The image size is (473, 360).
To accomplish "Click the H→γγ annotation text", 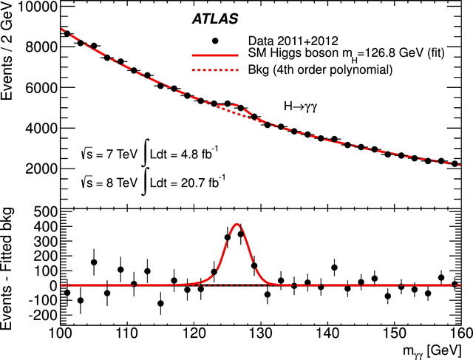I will click(x=304, y=107).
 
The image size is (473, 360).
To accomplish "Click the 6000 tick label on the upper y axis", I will click(x=34, y=87).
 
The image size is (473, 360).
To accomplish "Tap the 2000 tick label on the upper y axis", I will click(x=34, y=169).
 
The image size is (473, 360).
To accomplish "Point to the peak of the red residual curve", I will click(x=236, y=224).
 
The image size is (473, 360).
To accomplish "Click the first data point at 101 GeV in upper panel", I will click(x=67, y=33).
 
